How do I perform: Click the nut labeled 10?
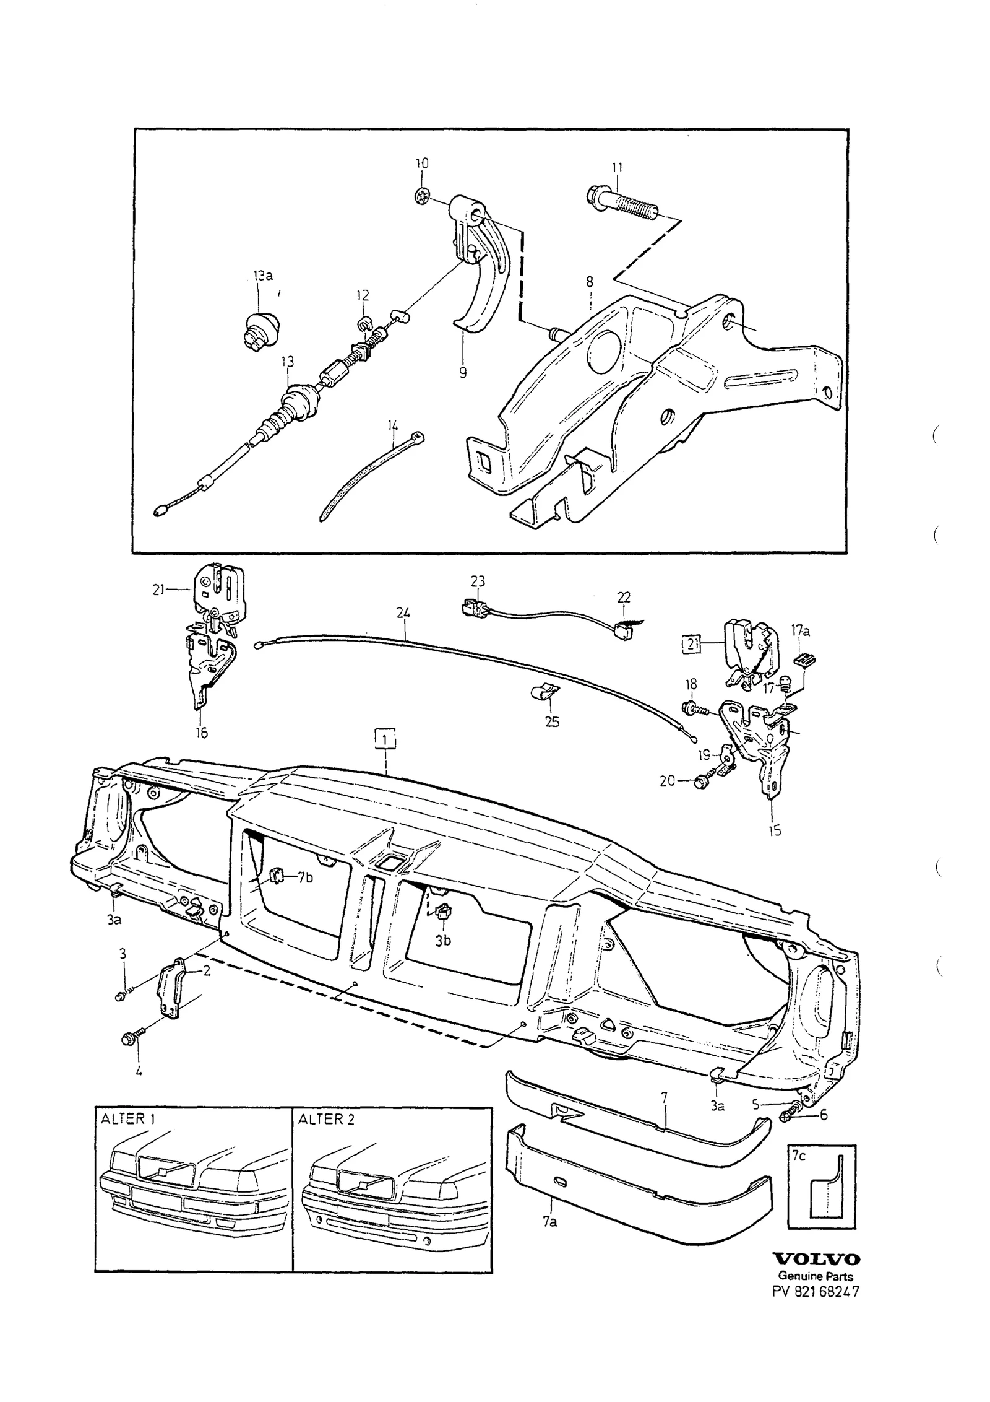[421, 197]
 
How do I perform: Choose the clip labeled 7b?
[276, 874]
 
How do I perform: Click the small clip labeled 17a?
[805, 660]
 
